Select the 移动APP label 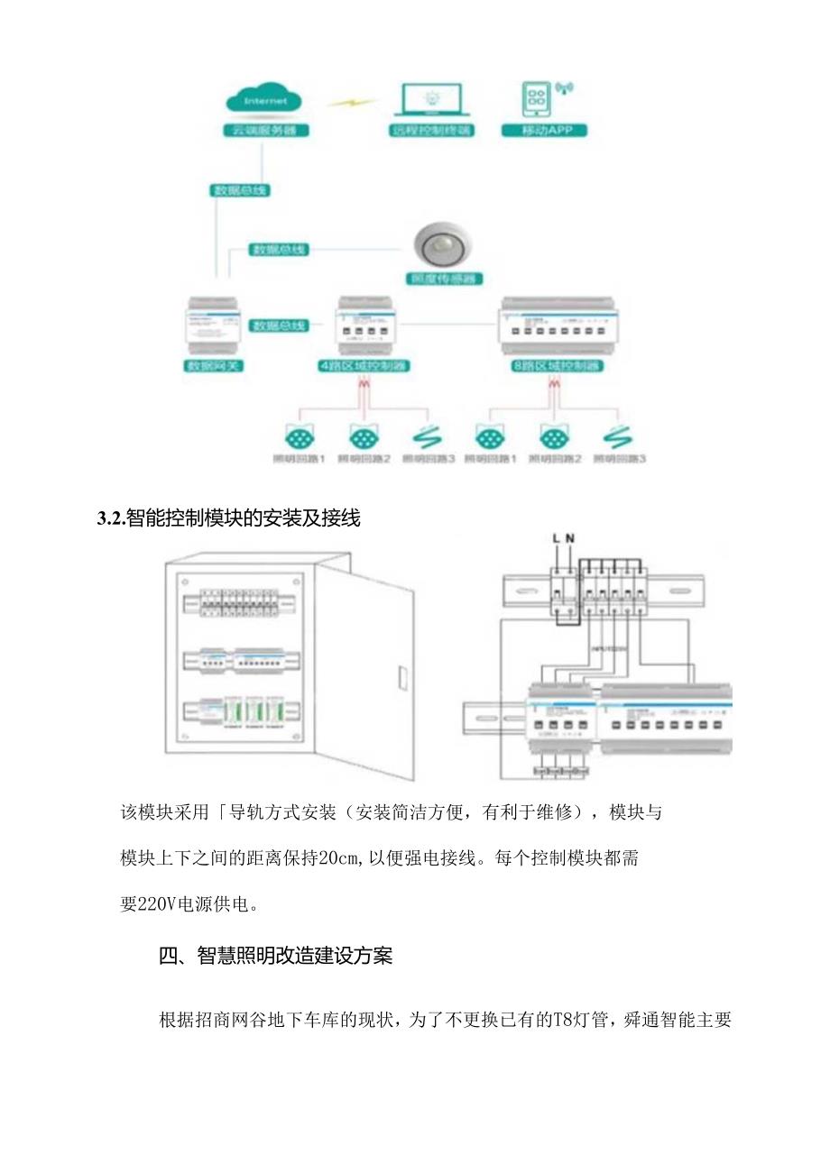[544, 130]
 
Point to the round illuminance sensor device [443, 247]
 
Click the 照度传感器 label [444, 279]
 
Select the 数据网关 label [217, 367]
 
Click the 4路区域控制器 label [366, 367]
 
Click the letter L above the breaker [557, 539]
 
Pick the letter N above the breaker [570, 539]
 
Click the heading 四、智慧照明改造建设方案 [275, 957]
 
